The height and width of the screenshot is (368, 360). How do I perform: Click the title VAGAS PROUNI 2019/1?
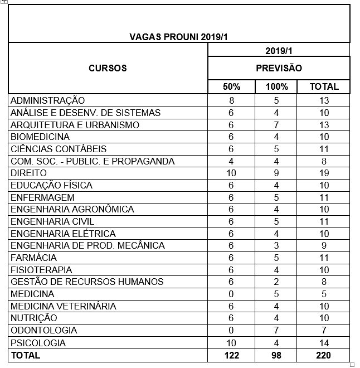[179, 37]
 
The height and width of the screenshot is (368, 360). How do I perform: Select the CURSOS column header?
[108, 69]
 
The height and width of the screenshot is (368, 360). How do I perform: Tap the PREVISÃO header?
[279, 69]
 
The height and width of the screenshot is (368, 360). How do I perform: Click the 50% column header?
[231, 87]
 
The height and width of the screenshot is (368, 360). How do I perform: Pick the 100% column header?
[277, 87]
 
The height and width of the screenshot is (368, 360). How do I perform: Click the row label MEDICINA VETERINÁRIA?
[64, 306]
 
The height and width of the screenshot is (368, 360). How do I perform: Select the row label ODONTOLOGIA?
[44, 330]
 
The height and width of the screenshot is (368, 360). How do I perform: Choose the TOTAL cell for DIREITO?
[324, 173]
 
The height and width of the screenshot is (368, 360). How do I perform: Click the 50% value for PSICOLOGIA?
[231, 343]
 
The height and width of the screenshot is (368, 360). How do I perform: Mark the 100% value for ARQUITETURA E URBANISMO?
[277, 125]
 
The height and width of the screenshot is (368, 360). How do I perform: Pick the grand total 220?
[324, 355]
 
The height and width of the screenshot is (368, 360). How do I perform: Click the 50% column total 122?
[231, 355]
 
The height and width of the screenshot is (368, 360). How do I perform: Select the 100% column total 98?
[277, 355]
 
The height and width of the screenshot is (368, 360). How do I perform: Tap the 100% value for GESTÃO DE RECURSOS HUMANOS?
[277, 282]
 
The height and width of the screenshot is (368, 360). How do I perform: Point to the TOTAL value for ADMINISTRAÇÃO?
[324, 101]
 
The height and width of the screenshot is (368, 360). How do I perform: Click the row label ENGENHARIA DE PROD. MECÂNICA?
[87, 246]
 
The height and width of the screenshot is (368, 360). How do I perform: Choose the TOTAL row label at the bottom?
[26, 355]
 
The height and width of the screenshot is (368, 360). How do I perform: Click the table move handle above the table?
[4, 2]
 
